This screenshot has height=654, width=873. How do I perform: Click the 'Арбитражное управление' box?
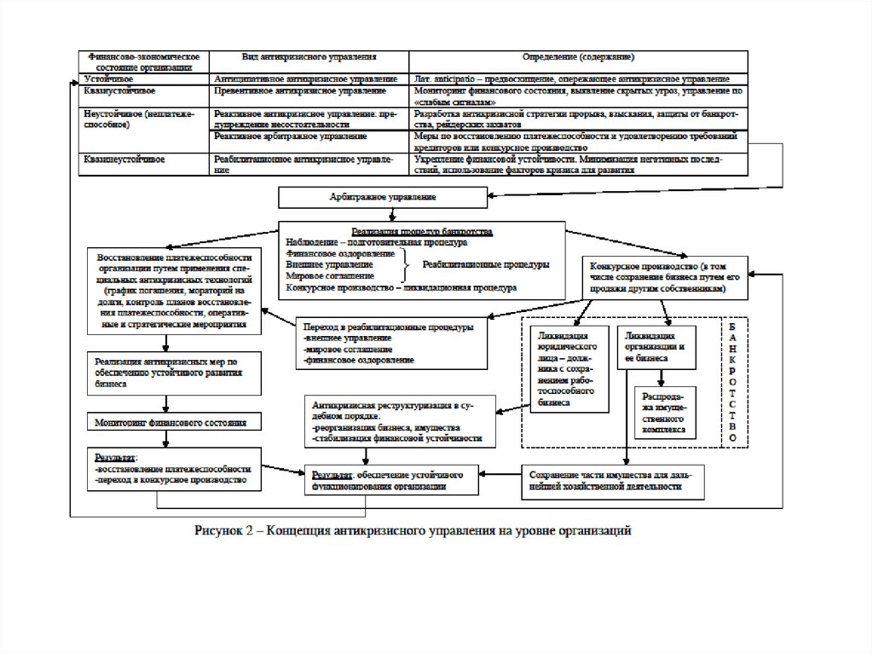point(383,198)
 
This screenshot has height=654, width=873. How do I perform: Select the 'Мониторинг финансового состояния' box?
point(171,422)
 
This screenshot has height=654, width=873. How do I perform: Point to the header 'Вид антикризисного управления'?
point(309,57)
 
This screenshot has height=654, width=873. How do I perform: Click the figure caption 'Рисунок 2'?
point(413,531)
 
